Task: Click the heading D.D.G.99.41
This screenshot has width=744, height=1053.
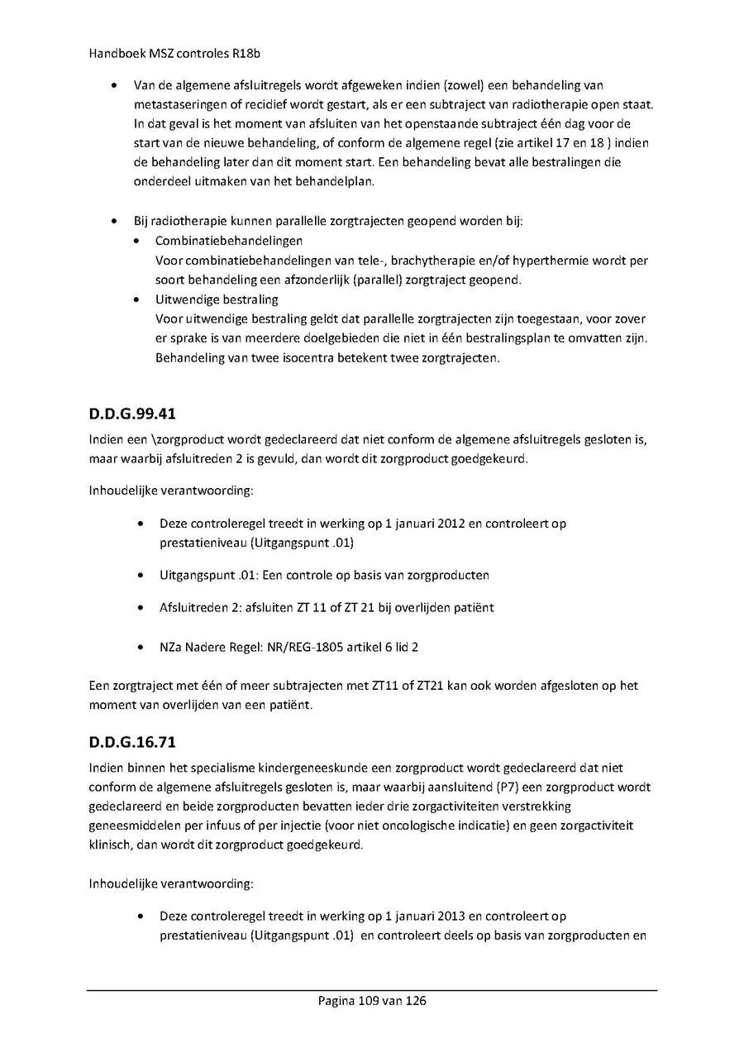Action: (132, 414)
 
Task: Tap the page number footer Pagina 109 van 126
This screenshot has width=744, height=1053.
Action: (372, 1001)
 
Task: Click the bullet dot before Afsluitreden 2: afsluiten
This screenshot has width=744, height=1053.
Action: (144, 607)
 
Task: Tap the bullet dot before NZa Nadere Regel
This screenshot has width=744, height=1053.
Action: (144, 647)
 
